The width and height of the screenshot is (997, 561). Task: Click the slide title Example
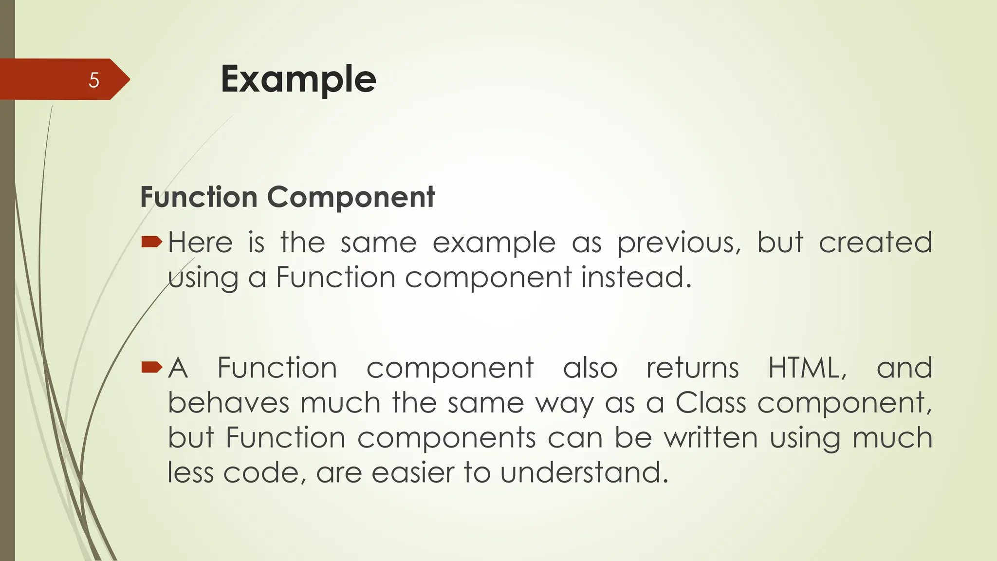tap(298, 79)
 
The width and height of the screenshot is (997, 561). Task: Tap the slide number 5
tap(94, 80)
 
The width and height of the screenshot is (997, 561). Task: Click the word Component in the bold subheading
tap(351, 197)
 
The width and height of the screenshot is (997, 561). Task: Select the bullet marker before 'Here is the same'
tap(151, 242)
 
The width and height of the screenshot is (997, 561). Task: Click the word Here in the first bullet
tap(200, 243)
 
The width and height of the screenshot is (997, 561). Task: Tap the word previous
tap(679, 243)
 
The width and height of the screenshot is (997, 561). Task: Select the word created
tap(875, 243)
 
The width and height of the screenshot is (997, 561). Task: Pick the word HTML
tap(807, 368)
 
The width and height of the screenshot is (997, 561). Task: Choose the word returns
tap(692, 368)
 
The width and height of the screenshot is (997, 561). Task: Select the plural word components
tap(446, 438)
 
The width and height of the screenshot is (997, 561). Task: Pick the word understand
tap(584, 472)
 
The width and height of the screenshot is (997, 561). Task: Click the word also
tap(590, 368)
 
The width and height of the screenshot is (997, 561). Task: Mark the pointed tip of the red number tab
tap(129, 79)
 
